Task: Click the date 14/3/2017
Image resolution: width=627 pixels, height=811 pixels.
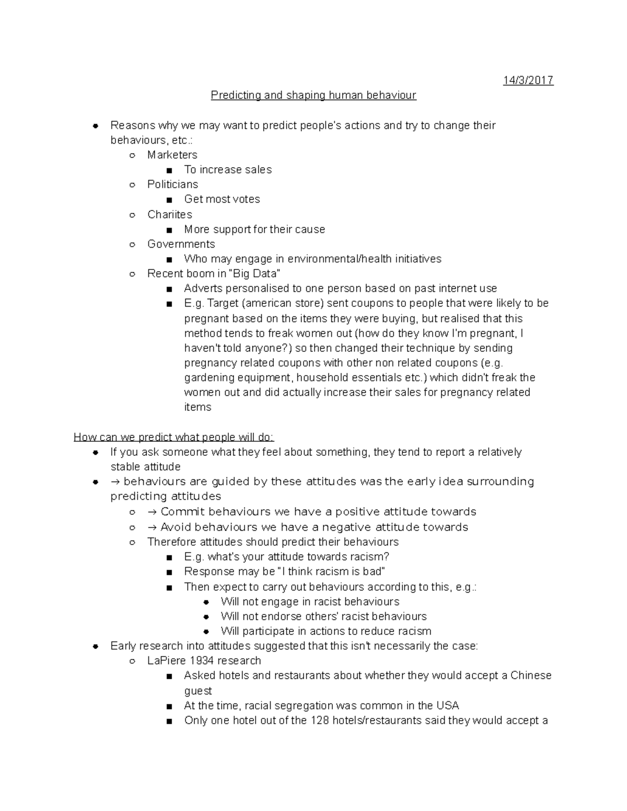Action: [x=528, y=80]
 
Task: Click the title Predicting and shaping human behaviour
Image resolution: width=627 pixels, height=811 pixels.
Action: [x=313, y=96]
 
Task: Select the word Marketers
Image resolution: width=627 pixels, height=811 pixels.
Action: [x=172, y=155]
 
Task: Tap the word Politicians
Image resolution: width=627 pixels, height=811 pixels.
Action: [x=172, y=184]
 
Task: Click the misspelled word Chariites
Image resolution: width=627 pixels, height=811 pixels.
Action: [x=169, y=215]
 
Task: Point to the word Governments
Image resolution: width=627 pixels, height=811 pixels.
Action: [x=181, y=244]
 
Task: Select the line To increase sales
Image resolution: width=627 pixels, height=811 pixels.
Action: [x=228, y=170]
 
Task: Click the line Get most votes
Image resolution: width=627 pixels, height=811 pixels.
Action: [x=222, y=199]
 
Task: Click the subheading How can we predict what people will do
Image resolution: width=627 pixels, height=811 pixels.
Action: [x=173, y=437]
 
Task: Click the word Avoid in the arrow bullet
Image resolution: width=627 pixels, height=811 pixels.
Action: [x=176, y=527]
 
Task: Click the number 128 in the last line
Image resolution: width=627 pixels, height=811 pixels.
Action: [x=319, y=721]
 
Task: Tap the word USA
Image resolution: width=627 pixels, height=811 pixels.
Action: [x=447, y=706]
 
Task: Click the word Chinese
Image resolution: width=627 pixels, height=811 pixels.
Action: [x=531, y=676]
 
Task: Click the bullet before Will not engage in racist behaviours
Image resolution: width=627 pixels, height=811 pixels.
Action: [x=207, y=602]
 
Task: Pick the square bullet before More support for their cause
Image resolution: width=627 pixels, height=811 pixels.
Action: [x=168, y=230]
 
